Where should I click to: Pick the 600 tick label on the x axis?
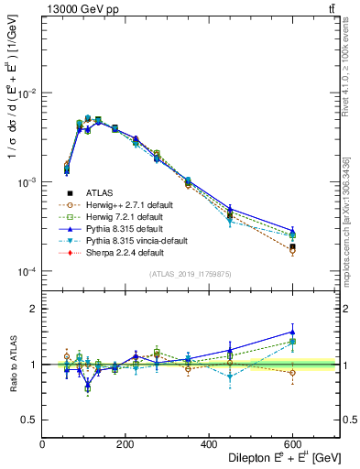click(x=292, y=444)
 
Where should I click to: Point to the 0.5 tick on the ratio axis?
click(x=31, y=420)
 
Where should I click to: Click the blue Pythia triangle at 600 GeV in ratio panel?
click(x=292, y=332)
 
